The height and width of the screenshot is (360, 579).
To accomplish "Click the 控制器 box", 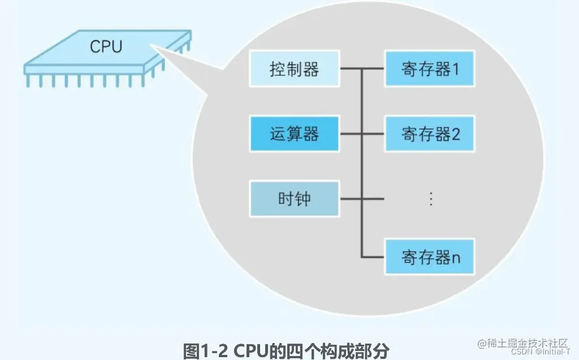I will point(294,70).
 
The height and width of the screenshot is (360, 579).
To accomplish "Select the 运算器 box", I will point(294,134).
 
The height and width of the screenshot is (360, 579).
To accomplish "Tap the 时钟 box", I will point(294,198).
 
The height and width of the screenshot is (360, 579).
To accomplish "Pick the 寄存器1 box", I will point(430,70).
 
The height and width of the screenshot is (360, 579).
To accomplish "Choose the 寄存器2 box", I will point(430,134).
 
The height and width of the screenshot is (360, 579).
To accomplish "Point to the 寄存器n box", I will point(430,257).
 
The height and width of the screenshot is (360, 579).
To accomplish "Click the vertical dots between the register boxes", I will point(430,198).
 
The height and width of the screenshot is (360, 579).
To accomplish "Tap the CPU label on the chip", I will point(106,46).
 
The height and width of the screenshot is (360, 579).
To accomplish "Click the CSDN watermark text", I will point(510,352).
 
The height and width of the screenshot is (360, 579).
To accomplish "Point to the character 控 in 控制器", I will point(278,70).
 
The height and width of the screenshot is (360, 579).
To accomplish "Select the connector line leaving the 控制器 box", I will point(351,70).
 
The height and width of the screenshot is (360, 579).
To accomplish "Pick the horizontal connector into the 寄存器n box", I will point(373,257).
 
